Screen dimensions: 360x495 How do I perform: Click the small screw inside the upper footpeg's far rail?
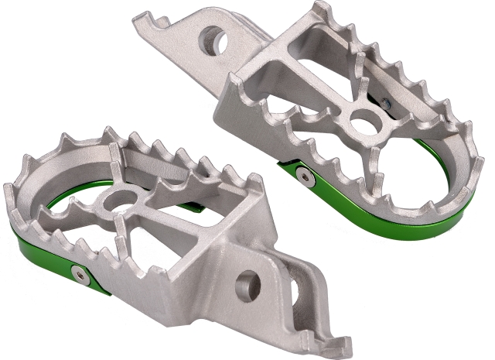(386, 100)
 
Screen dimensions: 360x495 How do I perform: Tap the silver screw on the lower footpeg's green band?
(78, 272)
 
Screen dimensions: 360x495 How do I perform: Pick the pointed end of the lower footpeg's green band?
(104, 290)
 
